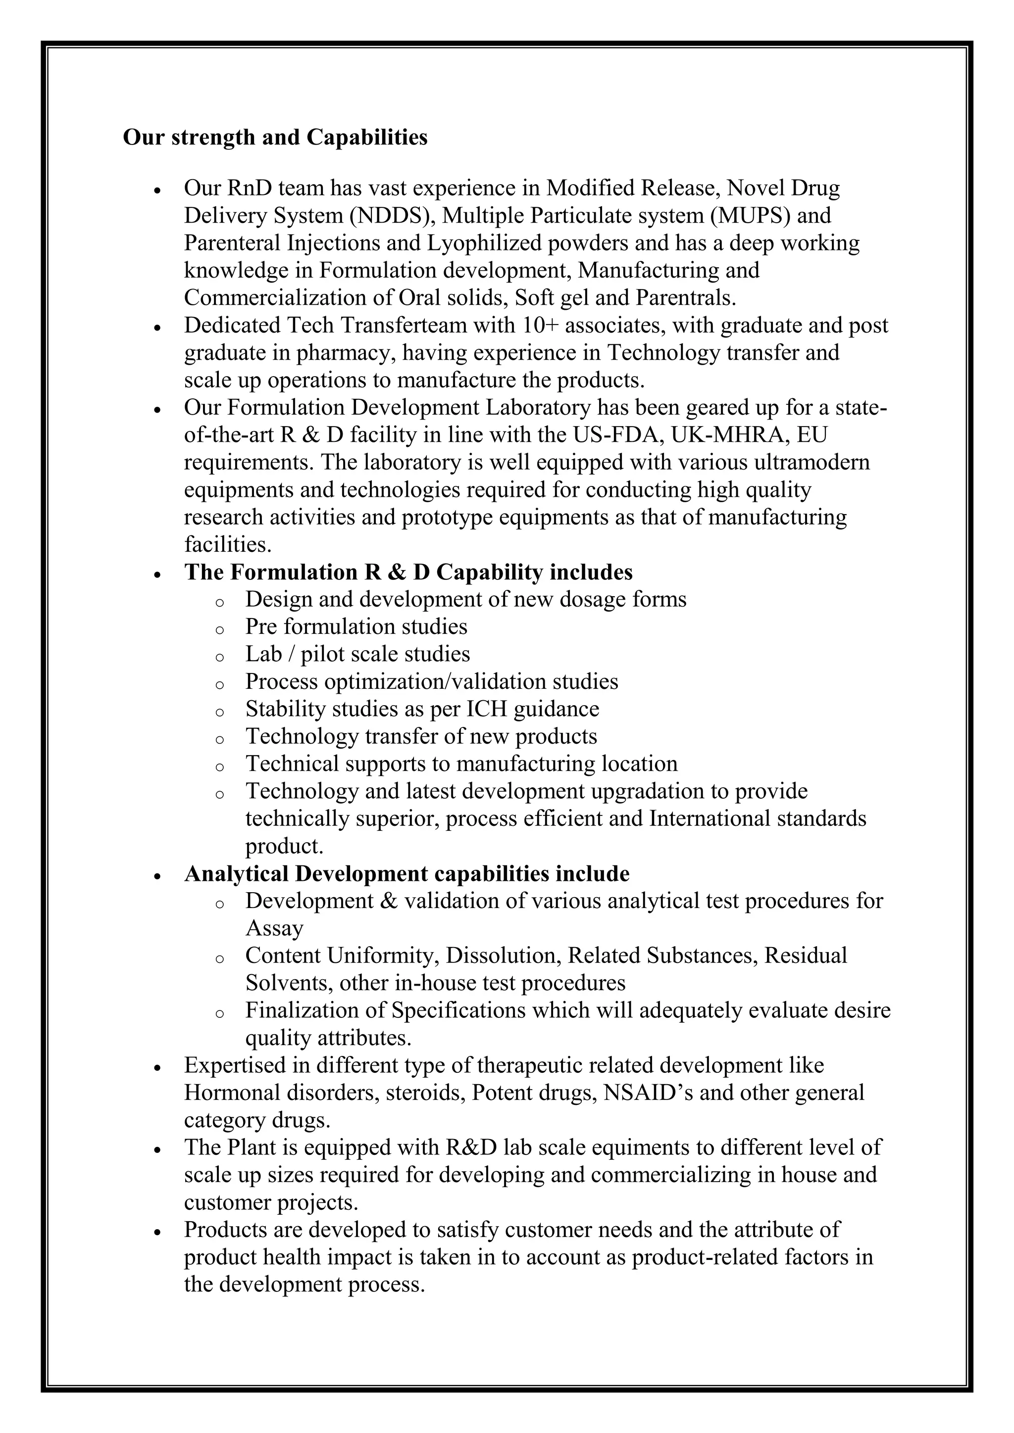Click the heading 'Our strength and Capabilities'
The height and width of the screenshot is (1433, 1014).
coord(275,137)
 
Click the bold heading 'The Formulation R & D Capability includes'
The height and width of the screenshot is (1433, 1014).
coord(408,573)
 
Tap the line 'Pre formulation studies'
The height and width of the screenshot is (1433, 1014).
coord(356,626)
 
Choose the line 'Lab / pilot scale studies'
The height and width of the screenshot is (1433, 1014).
coord(357,654)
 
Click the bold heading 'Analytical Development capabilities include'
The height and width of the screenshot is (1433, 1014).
coord(406,874)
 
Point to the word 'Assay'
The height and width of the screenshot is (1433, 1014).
coord(274,928)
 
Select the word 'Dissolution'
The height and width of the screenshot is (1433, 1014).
coord(503,955)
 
